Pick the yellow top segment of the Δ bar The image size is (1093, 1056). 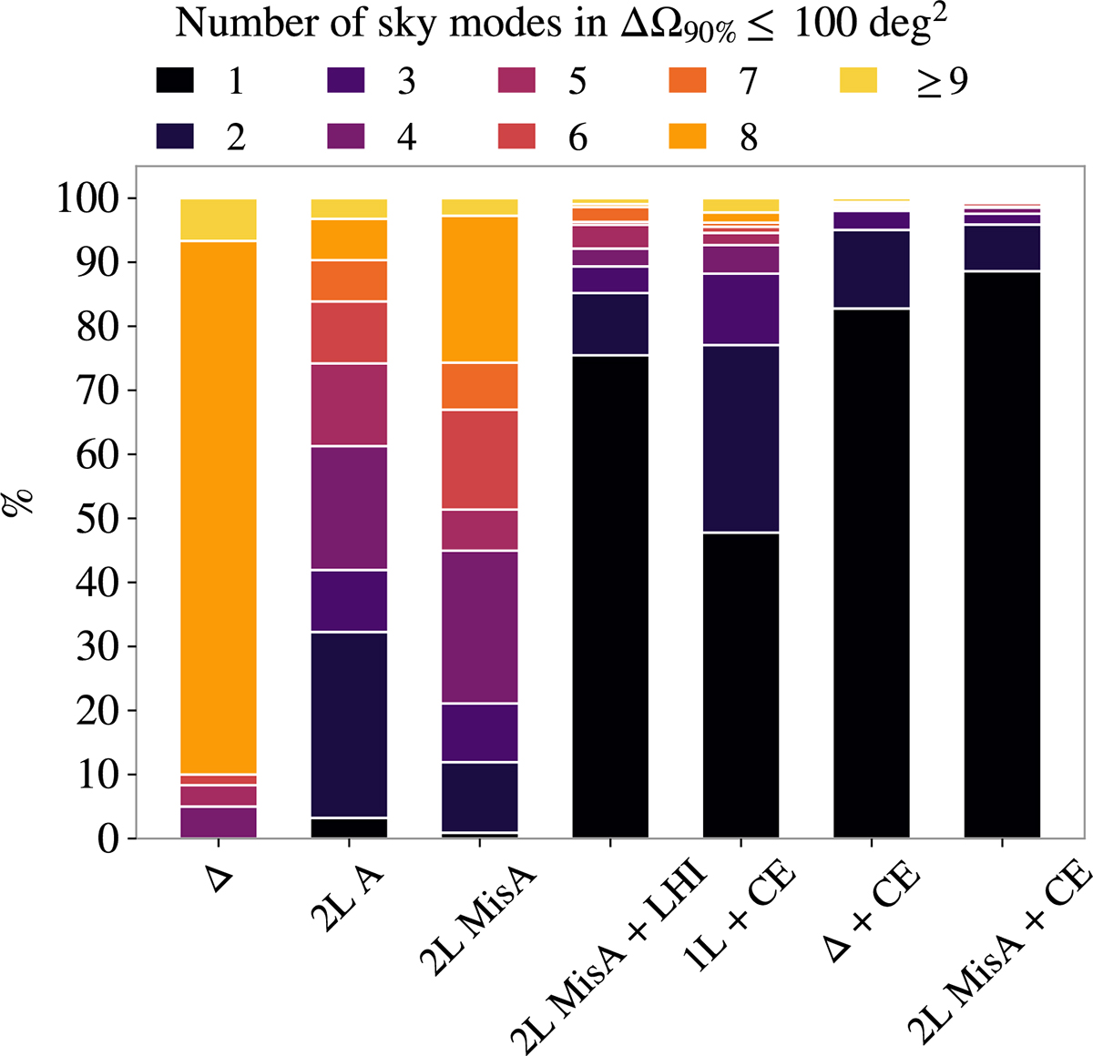click(219, 219)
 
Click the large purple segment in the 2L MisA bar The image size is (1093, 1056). click(479, 626)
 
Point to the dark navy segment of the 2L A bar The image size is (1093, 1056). click(349, 724)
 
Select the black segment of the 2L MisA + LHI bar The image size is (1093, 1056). click(610, 596)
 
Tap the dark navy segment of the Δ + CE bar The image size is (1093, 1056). click(872, 269)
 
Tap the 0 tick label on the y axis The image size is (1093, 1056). click(108, 838)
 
